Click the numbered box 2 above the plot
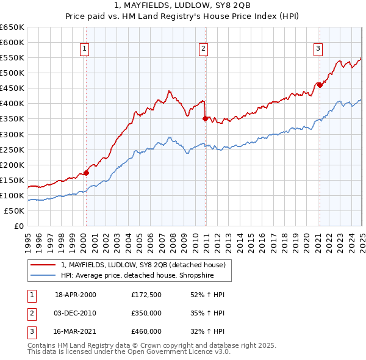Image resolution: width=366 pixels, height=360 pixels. click(x=203, y=50)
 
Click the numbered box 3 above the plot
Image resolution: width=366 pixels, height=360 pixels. click(x=318, y=50)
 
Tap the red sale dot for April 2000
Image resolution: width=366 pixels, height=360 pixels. click(x=86, y=173)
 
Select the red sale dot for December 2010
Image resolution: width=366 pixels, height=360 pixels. click(x=205, y=118)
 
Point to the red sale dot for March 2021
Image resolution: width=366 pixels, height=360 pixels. click(x=320, y=85)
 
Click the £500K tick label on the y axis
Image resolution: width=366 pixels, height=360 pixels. click(x=12, y=73)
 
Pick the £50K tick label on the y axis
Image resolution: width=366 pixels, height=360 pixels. click(x=15, y=211)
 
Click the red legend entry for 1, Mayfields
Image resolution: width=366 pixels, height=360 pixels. click(x=143, y=265)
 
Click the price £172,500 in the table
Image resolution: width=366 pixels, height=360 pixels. click(x=146, y=295)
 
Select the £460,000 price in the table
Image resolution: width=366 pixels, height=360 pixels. click(x=146, y=331)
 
